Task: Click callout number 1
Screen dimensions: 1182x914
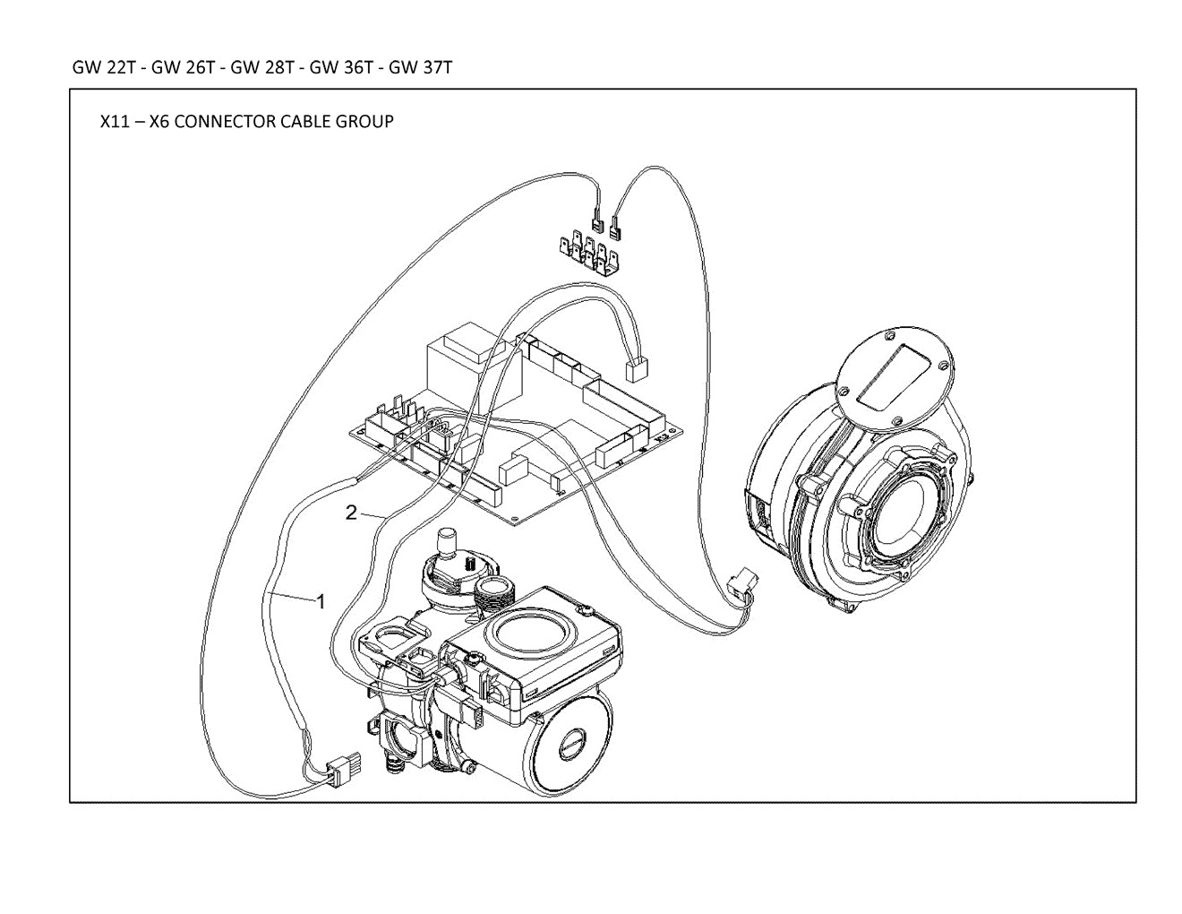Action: (x=321, y=601)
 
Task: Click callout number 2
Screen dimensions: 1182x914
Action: (x=351, y=512)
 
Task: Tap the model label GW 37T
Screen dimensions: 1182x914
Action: (x=420, y=67)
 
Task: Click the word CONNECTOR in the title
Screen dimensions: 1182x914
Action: (x=225, y=121)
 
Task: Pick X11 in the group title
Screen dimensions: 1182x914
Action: (x=115, y=121)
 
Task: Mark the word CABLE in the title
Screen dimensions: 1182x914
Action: (x=305, y=121)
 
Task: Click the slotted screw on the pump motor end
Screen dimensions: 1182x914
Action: (x=573, y=742)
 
